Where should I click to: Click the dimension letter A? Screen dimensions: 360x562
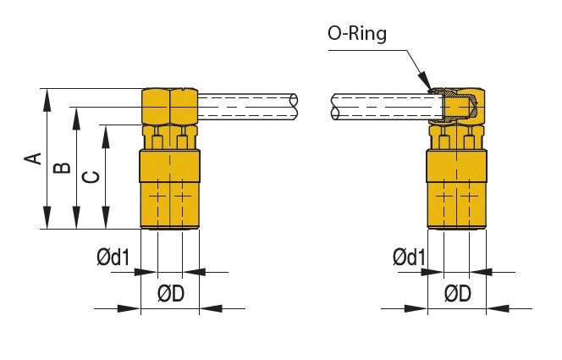[33, 158]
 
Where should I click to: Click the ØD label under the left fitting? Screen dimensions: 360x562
[171, 293]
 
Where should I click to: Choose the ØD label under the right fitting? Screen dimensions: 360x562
[458, 293]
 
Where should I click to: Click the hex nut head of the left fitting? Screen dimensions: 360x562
[169, 107]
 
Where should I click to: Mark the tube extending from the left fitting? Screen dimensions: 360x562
[245, 104]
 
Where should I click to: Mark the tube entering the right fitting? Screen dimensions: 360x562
[385, 105]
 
